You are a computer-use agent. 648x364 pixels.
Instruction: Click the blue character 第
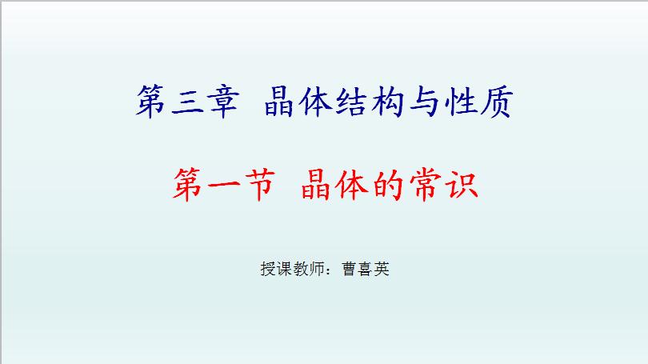coord(150,102)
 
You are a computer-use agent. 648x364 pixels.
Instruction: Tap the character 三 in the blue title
coord(188,102)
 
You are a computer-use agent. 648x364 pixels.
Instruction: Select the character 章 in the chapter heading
coord(223,102)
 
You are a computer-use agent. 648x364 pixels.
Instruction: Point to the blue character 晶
coord(279,102)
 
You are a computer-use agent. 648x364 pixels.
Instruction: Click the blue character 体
coord(315,102)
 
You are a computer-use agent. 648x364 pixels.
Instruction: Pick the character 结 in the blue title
coord(351,102)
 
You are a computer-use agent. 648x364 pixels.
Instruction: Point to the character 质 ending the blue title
coord(497,102)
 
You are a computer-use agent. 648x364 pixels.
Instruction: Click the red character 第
coord(187,185)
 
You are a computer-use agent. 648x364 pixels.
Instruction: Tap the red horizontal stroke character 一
coord(223,185)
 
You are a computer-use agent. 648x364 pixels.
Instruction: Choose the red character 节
coord(260,185)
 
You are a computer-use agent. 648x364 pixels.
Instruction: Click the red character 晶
coord(316,185)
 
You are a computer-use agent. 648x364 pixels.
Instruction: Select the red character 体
coord(352,185)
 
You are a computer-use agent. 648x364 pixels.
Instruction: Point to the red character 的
coord(388,185)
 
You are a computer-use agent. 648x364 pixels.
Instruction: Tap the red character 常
coord(426,185)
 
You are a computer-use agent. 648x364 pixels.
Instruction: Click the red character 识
coord(462,185)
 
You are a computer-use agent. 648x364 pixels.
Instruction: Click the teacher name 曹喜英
coord(366,269)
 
